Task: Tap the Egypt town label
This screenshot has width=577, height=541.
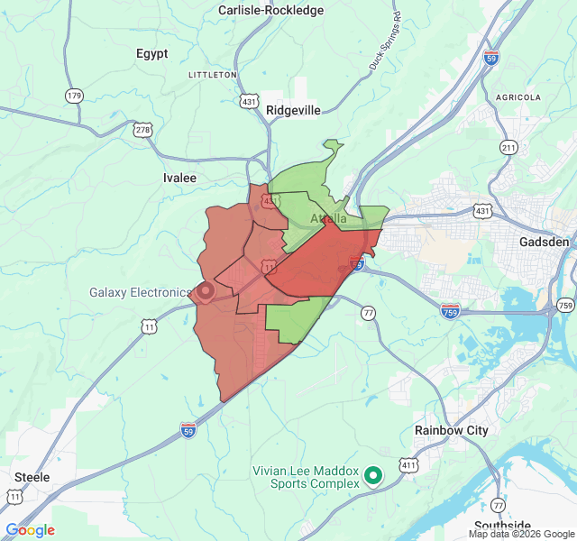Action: click(x=152, y=53)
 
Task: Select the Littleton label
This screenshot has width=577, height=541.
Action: click(x=212, y=74)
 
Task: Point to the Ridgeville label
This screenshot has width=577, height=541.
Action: click(x=293, y=110)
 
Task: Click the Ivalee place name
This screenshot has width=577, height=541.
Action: click(x=179, y=178)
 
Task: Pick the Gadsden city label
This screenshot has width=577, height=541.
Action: click(x=545, y=243)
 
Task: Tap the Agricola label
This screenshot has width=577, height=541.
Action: click(x=518, y=96)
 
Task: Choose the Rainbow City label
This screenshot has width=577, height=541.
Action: click(x=451, y=430)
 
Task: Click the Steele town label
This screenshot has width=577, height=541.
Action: click(x=32, y=476)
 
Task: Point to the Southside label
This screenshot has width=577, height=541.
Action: click(x=502, y=526)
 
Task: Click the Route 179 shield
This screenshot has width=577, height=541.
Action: click(x=74, y=95)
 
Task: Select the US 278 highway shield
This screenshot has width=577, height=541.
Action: click(x=143, y=130)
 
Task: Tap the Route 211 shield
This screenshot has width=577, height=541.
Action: click(x=509, y=147)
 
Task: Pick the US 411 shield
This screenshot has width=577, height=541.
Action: click(x=410, y=465)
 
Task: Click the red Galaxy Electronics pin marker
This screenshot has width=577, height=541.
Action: click(x=205, y=291)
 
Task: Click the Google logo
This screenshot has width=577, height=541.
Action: click(x=30, y=530)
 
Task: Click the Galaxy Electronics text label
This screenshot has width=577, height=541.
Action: click(x=140, y=292)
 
